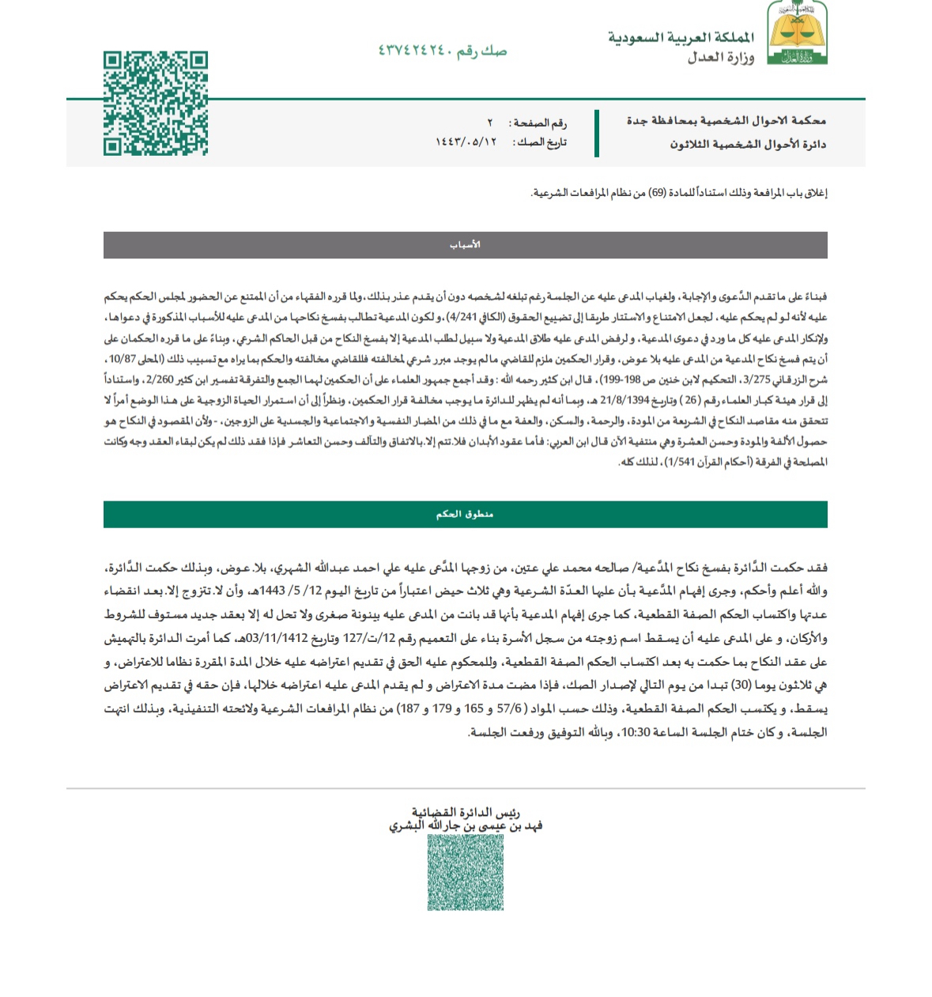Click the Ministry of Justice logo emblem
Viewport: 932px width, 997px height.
tap(797, 32)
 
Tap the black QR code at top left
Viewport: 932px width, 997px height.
tap(156, 104)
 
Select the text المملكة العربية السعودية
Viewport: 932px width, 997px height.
tap(681, 37)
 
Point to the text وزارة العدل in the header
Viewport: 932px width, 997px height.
tap(720, 57)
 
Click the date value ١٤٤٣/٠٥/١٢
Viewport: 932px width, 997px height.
tap(466, 142)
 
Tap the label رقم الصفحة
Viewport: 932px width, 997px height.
tap(540, 123)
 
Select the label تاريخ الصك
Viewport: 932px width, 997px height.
tap(541, 142)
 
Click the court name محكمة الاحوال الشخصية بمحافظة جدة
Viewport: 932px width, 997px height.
tap(726, 120)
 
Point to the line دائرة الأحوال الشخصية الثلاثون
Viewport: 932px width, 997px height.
tap(748, 144)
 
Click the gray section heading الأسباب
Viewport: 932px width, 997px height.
tap(465, 245)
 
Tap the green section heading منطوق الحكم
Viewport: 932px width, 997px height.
tap(465, 514)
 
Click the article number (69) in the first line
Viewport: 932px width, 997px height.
tap(658, 193)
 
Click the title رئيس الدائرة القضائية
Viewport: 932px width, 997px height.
tap(466, 812)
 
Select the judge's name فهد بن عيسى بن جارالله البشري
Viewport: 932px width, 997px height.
tap(466, 825)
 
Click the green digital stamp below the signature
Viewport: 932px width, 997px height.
tap(466, 872)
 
